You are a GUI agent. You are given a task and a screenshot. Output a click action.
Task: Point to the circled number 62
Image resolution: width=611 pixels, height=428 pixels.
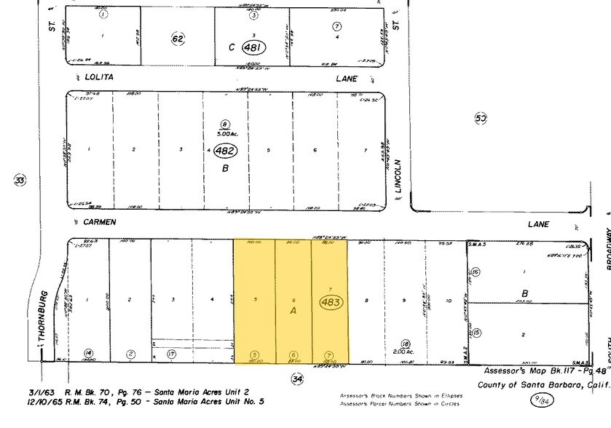pyautogui.click(x=178, y=38)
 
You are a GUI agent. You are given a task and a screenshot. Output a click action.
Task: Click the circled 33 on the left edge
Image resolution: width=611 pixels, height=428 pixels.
pyautogui.click(x=20, y=181)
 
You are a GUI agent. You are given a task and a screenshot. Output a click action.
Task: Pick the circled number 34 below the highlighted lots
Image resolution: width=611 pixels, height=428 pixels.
pyautogui.click(x=296, y=379)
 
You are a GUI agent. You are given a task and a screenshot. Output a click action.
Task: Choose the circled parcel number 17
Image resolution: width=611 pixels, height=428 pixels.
pyautogui.click(x=172, y=355)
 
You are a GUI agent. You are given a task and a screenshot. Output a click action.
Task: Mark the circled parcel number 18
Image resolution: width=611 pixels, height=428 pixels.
pyautogui.click(x=406, y=343)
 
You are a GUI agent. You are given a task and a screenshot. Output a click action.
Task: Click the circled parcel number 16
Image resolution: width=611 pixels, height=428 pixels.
pyautogui.click(x=476, y=272)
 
